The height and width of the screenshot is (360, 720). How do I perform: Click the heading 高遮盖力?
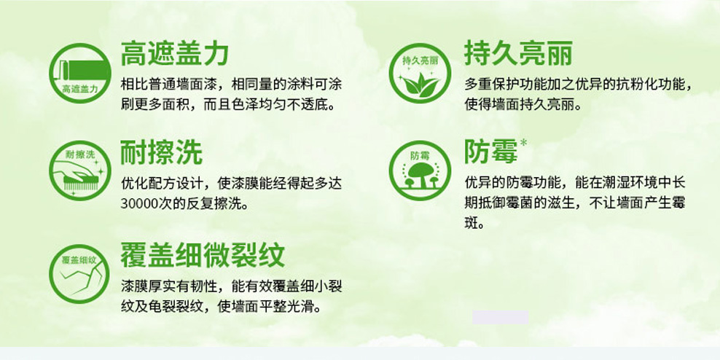(x=174, y=52)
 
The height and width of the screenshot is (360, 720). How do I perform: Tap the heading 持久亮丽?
(x=518, y=52)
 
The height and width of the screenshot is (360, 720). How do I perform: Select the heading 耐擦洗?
(x=161, y=152)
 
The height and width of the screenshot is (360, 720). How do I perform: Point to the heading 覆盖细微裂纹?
(x=203, y=255)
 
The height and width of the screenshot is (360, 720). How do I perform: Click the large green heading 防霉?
(x=491, y=152)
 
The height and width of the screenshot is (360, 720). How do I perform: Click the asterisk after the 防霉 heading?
(x=523, y=142)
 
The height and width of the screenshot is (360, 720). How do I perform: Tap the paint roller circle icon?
(x=80, y=73)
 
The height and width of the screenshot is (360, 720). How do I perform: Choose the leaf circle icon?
(x=420, y=73)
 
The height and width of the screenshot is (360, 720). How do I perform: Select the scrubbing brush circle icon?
(x=80, y=171)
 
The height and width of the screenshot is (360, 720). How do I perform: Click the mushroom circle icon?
(x=420, y=171)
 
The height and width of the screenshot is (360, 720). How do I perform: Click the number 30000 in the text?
(x=137, y=203)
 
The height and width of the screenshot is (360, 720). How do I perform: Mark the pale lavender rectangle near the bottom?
(x=501, y=317)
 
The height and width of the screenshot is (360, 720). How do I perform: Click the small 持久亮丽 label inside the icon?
(x=420, y=60)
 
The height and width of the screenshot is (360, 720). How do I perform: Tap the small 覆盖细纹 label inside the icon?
(x=79, y=260)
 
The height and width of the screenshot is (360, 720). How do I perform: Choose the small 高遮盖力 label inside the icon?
(x=80, y=89)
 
